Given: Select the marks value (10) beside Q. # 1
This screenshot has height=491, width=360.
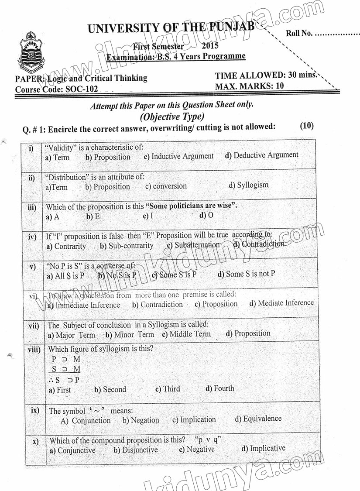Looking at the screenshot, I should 307,126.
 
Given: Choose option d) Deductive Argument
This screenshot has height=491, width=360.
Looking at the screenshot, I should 262,155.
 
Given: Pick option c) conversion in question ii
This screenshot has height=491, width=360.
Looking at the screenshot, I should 166,186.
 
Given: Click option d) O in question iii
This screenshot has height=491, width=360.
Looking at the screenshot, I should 206,215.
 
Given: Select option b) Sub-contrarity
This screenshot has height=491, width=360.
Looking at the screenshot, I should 127,246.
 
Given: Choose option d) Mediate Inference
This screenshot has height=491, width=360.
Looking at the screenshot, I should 281,303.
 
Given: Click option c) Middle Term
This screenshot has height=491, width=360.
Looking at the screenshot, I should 186,334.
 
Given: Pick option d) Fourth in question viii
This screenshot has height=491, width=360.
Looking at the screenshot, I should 219,388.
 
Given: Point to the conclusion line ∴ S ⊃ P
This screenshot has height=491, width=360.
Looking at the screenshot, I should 64,380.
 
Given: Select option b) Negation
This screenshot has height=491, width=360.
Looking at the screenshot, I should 141,420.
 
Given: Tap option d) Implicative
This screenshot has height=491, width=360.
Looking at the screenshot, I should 263,448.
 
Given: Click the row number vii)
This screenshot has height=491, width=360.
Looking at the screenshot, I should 34,326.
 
